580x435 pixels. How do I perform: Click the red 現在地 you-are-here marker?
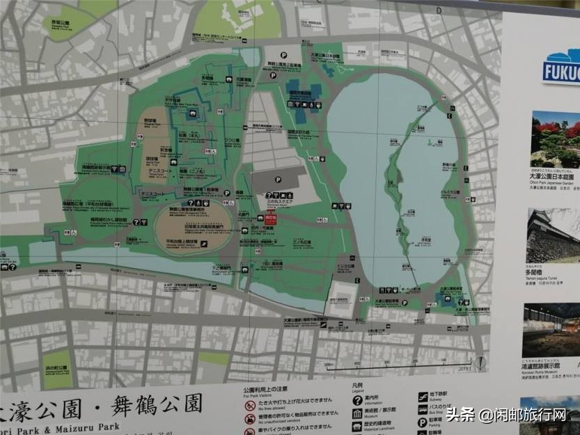253,218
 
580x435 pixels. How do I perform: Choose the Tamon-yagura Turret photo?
555,236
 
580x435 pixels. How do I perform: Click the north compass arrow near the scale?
480,362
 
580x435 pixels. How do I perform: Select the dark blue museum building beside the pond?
304,101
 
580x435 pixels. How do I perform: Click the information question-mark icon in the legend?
357,400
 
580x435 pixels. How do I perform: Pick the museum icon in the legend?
357,415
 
